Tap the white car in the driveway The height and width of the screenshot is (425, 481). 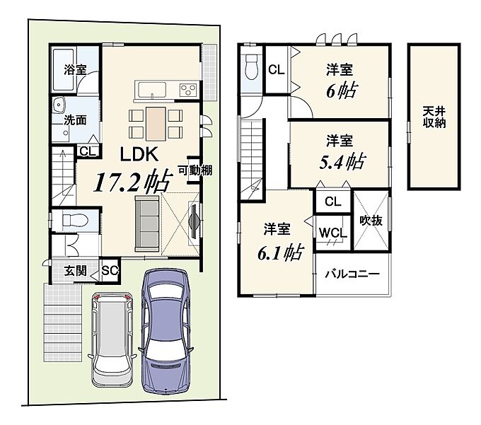[112, 340]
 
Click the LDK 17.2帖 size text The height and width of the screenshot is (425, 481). [133, 182]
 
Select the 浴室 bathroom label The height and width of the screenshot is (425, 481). [75, 69]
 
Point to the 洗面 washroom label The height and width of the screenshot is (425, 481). [75, 120]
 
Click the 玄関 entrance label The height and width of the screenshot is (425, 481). [75, 271]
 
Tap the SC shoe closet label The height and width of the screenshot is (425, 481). [110, 270]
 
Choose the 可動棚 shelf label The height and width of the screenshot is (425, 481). [195, 170]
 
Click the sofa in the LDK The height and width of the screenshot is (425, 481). [147, 222]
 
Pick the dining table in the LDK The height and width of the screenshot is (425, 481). [156, 124]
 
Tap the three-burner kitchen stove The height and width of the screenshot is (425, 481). [188, 90]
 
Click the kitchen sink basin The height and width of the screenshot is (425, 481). [152, 90]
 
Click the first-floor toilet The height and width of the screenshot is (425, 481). [75, 220]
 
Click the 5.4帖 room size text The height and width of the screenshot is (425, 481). [342, 162]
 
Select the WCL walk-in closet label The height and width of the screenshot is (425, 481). [333, 233]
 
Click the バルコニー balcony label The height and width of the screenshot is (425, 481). [352, 274]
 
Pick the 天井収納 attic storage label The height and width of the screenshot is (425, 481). [434, 117]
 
